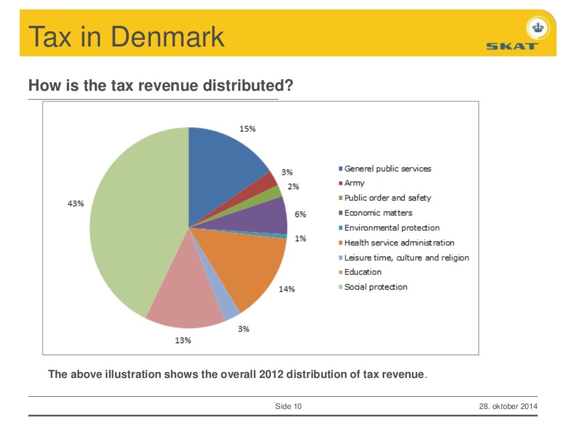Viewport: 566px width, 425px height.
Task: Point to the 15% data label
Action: coord(247,128)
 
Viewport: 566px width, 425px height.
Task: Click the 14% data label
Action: coord(286,289)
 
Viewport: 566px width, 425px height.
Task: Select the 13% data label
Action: coord(183,340)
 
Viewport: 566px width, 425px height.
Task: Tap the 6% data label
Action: coord(300,214)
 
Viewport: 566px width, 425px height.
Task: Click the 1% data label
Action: coord(300,239)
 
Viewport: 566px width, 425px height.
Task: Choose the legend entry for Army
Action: coord(354,183)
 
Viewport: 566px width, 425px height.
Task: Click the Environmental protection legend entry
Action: coord(391,227)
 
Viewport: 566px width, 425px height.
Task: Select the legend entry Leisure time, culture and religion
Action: coord(406,257)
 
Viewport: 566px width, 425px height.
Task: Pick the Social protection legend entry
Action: coord(375,287)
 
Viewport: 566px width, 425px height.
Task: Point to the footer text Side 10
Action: coord(289,407)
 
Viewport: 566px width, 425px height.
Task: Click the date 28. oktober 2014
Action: coord(507,407)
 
